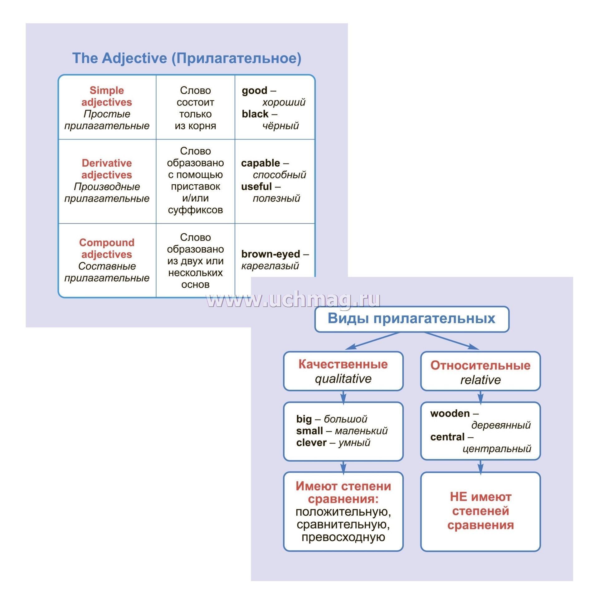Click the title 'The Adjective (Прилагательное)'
point(187,58)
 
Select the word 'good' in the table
point(254,90)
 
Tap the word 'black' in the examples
point(255,114)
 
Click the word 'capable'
point(260,163)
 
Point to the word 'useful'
point(256,187)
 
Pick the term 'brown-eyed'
point(270,254)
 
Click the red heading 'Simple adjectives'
point(107,96)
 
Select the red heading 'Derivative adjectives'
point(107,169)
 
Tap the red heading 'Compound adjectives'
point(107,248)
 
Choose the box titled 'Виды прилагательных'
point(411,319)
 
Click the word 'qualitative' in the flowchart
point(343,379)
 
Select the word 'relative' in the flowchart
point(480,380)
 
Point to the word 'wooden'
point(450,413)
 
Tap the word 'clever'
point(311,442)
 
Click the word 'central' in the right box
point(447,437)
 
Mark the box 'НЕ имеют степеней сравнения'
point(480,511)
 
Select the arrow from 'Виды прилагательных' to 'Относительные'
point(451,341)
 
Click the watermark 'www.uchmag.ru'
point(293,300)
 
